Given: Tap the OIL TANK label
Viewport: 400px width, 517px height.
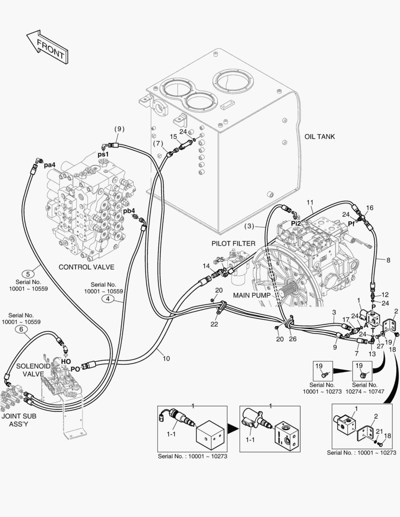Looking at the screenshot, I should coord(320,137).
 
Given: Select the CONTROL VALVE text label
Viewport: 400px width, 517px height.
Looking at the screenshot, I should coord(86,267).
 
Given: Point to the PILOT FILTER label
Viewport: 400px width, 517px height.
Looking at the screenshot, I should coord(233,244).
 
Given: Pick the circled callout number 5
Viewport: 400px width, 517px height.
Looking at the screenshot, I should coord(28,274).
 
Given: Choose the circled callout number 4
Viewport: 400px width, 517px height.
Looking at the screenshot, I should coord(108,300).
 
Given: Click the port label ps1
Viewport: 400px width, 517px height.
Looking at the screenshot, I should coord(104,154).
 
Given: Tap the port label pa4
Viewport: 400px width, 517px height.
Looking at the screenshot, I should coord(50,165).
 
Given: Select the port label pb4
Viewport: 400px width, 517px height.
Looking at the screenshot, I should coord(129,211).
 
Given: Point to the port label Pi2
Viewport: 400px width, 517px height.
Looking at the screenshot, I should coord(296,223).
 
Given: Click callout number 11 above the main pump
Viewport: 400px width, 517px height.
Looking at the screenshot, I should coord(310,202).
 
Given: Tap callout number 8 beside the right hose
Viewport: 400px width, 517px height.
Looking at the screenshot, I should coord(389,259).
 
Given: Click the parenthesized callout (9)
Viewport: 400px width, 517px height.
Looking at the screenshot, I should coord(119,128).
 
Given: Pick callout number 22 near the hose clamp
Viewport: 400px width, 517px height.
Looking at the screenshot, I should coord(214,324).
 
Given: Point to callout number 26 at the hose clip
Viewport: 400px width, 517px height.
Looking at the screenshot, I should coord(293,339).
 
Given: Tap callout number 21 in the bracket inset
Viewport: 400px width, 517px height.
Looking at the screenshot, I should coord(378,431).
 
